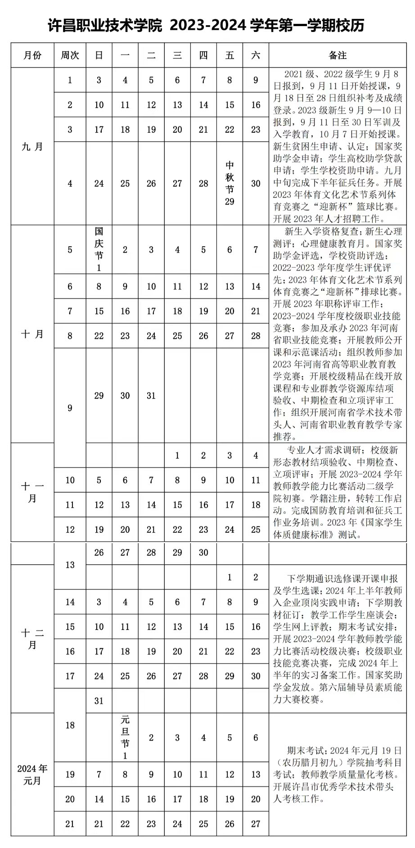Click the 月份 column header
coord(32,55)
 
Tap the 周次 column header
coord(70,55)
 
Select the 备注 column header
coord(338,55)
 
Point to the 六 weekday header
coord(256,55)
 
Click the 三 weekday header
coord(177,55)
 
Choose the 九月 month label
coord(32,147)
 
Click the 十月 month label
coord(32,334)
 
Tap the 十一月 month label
coord(32,492)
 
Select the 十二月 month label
coord(32,639)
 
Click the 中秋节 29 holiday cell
coord(230,183)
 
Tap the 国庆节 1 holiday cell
coord(99,250)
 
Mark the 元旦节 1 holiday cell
coord(125,737)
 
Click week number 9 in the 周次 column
coord(70,408)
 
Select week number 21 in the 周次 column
coord(70,824)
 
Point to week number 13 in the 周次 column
coord(70,565)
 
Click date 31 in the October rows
coord(151,396)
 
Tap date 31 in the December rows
coord(99,701)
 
